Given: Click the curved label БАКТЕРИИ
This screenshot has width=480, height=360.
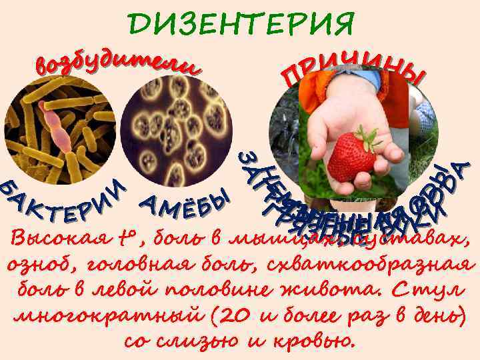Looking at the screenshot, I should (63, 201).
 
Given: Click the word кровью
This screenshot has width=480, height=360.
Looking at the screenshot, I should (313, 341).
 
